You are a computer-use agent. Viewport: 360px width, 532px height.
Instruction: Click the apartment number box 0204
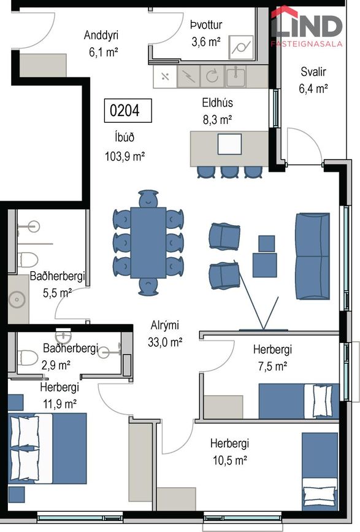tap(128, 110)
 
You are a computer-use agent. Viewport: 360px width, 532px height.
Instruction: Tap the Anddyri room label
tap(101, 35)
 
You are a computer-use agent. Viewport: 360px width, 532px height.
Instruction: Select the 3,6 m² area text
tap(206, 42)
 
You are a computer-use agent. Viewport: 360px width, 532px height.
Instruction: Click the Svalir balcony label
tap(313, 72)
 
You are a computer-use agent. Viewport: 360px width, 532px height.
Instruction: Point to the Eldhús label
tap(217, 102)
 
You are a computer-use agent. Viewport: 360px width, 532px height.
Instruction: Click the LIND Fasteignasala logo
tap(306, 26)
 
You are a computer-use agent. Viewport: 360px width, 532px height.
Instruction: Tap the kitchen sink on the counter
tap(236, 76)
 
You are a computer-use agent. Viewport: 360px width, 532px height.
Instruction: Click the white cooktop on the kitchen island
tap(229, 144)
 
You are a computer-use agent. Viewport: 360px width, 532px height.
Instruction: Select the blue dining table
tap(148, 242)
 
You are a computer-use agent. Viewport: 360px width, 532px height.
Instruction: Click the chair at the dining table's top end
tap(148, 198)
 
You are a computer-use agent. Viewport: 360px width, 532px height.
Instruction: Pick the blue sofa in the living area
tap(313, 256)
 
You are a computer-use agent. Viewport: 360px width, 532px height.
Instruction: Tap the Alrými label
tap(164, 325)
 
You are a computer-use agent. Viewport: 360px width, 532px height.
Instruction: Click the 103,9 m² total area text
tap(124, 156)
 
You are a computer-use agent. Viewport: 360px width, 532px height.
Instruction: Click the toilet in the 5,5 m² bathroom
tap(27, 260)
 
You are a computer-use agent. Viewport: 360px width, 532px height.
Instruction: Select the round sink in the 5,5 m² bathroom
tap(17, 299)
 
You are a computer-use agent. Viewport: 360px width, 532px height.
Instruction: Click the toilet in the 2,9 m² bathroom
tap(27, 358)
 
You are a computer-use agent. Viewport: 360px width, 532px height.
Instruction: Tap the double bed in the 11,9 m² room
tap(47, 448)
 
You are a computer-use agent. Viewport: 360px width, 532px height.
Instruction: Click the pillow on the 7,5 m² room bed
tap(322, 401)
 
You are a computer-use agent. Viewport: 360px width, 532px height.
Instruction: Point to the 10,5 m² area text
tap(230, 460)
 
